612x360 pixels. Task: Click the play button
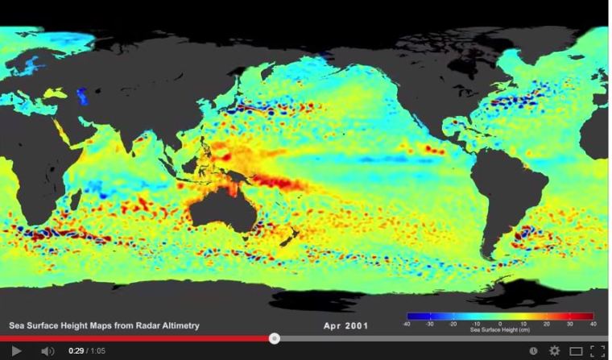pyautogui.click(x=15, y=351)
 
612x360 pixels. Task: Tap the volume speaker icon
pyautogui.click(x=48, y=351)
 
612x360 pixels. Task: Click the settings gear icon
pyautogui.click(x=554, y=351)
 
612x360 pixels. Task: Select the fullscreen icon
pyautogui.click(x=597, y=351)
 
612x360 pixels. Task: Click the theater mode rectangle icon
pyautogui.click(x=576, y=351)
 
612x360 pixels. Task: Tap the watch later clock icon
pyautogui.click(x=533, y=351)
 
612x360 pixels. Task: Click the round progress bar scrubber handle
pyautogui.click(x=274, y=338)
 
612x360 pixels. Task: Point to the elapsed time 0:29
pyautogui.click(x=76, y=351)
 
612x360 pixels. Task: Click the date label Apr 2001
pyautogui.click(x=345, y=325)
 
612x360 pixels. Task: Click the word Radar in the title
pyautogui.click(x=134, y=325)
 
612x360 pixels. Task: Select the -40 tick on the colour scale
pyautogui.click(x=407, y=324)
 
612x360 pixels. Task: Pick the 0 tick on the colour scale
pyautogui.click(x=499, y=324)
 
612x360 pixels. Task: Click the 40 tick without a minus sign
pyautogui.click(x=593, y=324)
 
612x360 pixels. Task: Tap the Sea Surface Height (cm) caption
pyautogui.click(x=500, y=330)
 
